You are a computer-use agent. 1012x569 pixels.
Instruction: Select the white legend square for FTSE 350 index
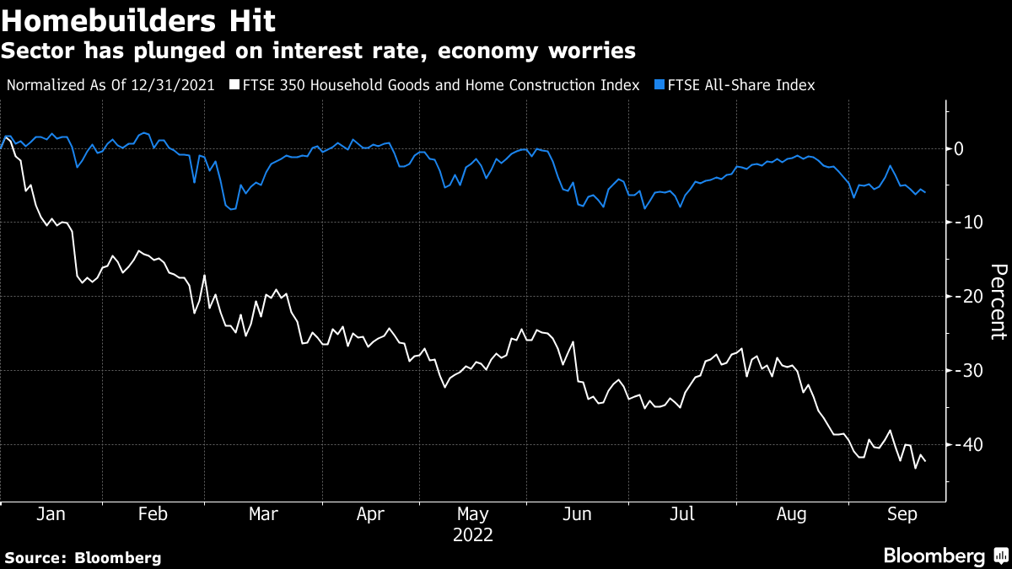235,85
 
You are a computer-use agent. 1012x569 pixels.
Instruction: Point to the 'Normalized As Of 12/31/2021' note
117,85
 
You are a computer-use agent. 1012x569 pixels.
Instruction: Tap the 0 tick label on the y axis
958,149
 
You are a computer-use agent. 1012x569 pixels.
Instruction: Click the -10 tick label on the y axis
965,223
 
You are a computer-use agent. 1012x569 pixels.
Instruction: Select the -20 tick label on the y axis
965,297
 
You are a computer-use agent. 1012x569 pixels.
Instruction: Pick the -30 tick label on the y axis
965,371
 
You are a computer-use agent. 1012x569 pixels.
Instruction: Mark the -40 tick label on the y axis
965,444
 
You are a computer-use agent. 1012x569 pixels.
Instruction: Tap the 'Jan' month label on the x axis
51,514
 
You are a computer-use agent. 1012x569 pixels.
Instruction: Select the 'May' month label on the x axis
472,514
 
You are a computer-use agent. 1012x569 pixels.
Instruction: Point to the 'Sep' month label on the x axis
895,514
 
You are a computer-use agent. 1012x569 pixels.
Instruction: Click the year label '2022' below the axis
472,535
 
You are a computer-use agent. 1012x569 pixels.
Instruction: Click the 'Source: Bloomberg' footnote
83,558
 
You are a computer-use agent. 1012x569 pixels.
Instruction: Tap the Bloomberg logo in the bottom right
945,556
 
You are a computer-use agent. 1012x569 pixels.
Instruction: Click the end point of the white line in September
925,460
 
